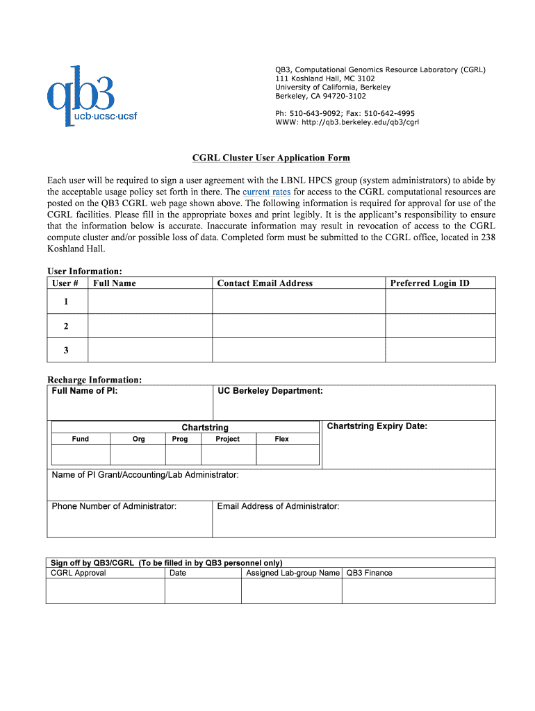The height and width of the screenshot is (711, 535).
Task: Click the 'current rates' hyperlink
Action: (x=267, y=192)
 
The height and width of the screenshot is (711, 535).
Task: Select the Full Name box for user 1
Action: (x=150, y=301)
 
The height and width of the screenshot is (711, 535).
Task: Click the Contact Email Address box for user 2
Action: (x=299, y=326)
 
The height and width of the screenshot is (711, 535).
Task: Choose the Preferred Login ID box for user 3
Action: (x=441, y=350)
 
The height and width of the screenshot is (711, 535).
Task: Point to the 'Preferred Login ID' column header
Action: (x=429, y=283)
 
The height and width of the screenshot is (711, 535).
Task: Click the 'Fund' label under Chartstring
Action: (x=81, y=439)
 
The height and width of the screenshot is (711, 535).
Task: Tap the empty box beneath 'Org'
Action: (x=138, y=455)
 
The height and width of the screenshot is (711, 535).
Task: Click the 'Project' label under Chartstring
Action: (x=227, y=439)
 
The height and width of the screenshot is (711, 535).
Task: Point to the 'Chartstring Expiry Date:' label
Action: (x=377, y=426)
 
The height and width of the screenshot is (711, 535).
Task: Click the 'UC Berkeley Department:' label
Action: (x=270, y=391)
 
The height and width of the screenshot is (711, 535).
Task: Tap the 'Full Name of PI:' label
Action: (x=85, y=391)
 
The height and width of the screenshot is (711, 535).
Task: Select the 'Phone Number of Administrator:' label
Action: (x=114, y=506)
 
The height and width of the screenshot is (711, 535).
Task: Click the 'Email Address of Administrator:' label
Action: (x=278, y=506)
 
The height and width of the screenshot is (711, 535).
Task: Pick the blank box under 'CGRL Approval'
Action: (x=105, y=591)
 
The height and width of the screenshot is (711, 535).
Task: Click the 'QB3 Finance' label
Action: (x=369, y=573)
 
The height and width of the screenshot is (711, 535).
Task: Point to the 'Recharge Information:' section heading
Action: (x=94, y=380)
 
